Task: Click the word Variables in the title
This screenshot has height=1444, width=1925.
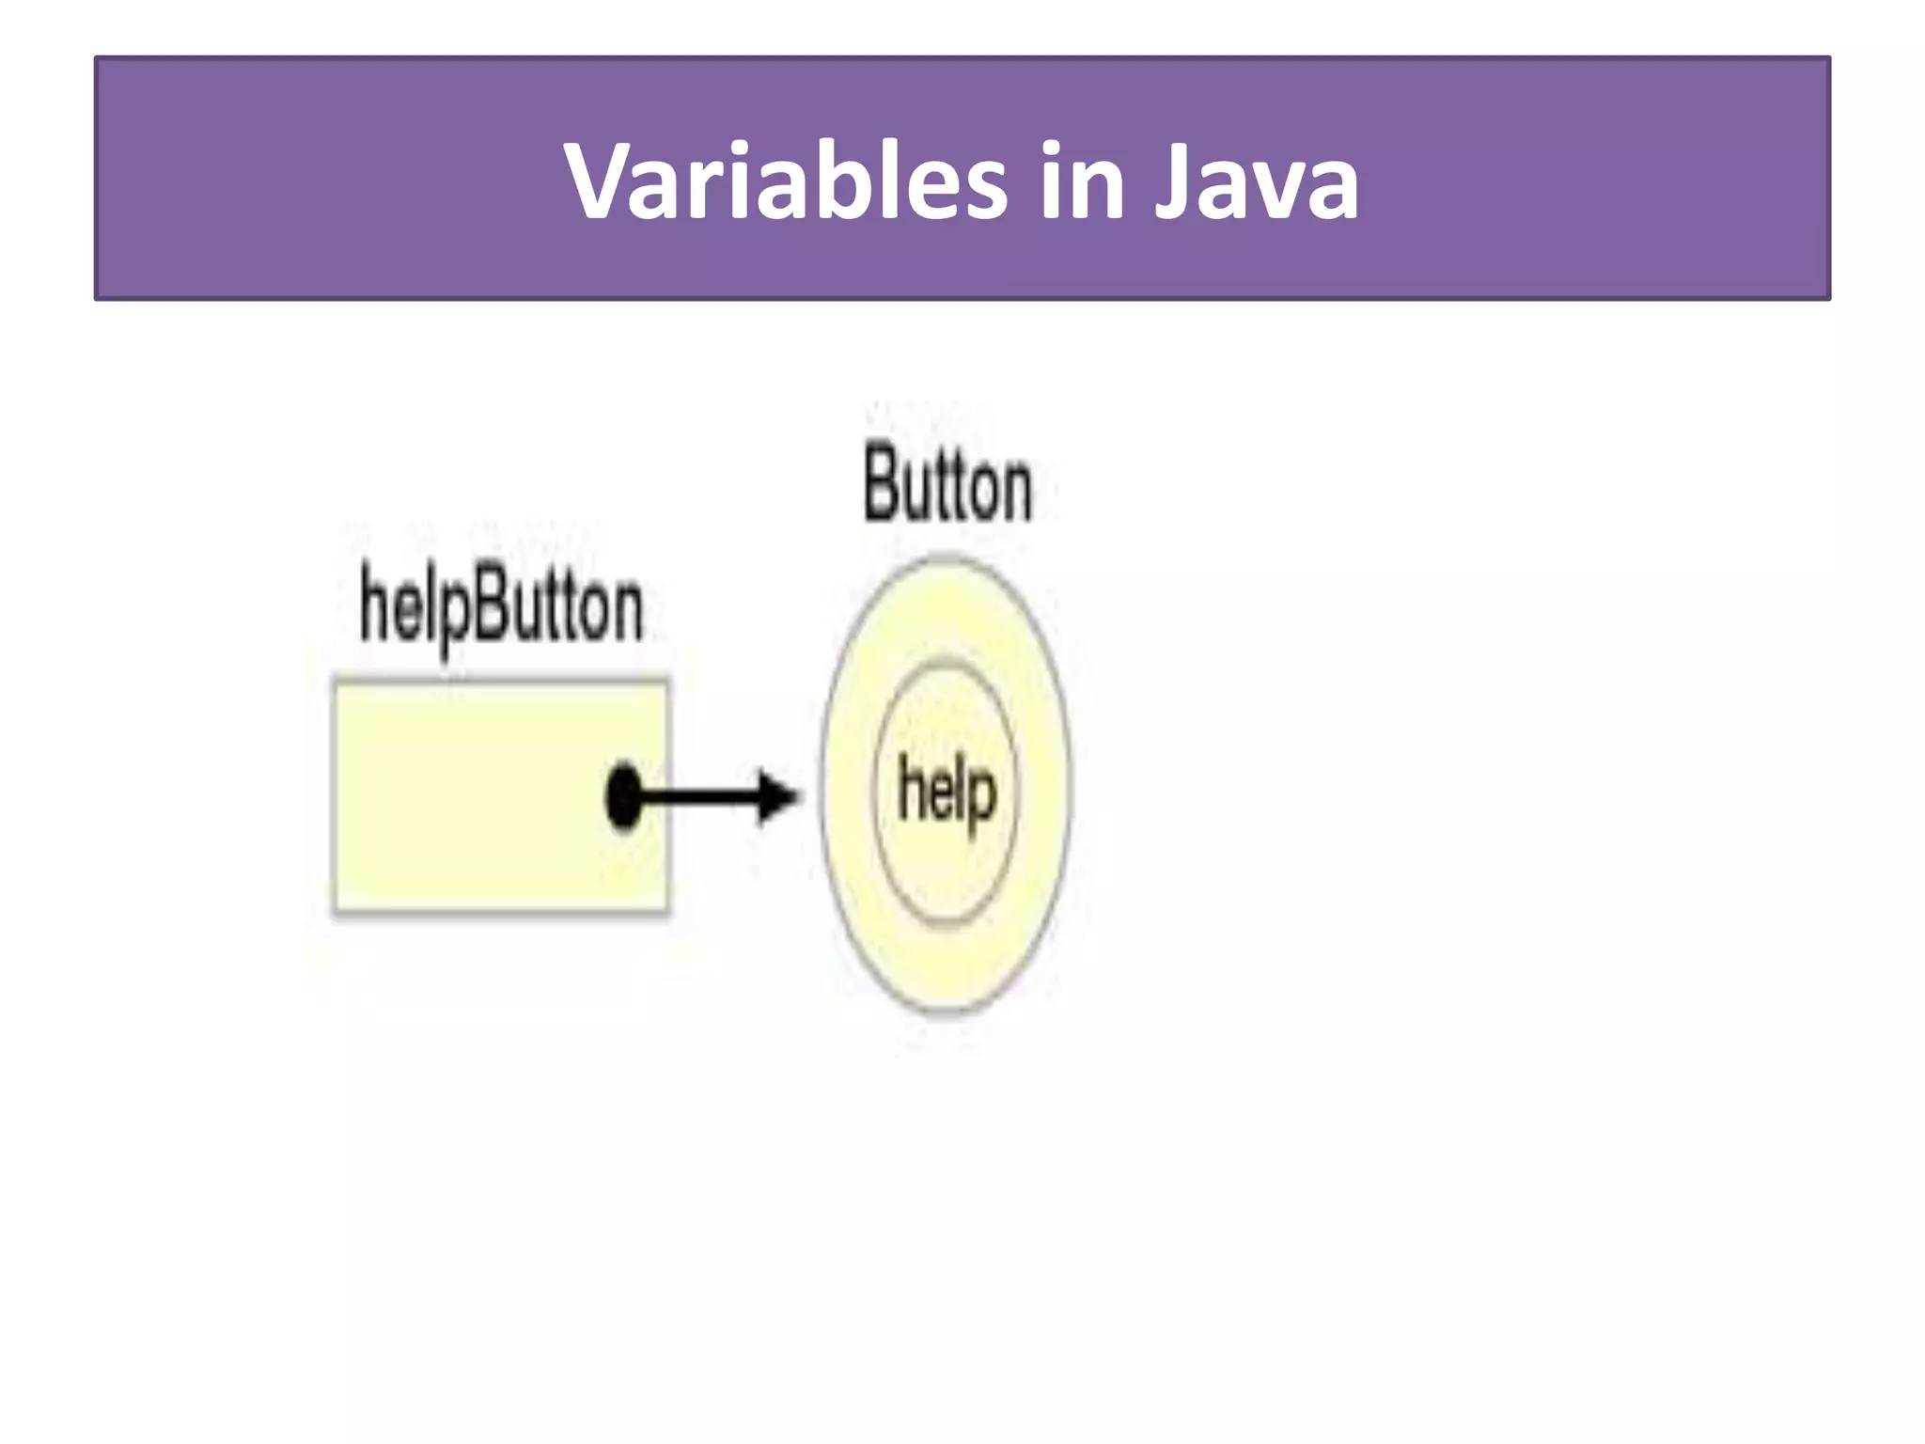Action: tap(786, 180)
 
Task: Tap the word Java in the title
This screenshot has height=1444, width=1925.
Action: tap(1256, 180)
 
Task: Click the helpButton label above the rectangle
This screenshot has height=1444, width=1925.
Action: tap(501, 607)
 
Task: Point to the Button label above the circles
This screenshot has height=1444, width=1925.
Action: tap(947, 487)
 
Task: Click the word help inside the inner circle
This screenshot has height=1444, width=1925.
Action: tap(947, 793)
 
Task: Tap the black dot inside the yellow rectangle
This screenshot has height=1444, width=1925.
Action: tap(623, 796)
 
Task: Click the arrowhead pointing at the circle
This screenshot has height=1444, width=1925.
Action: tap(778, 798)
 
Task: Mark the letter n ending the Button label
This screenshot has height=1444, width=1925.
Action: tap(1014, 491)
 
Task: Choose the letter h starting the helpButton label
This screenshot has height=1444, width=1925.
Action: tap(374, 604)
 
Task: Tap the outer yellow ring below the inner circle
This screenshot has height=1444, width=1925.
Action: tap(947, 968)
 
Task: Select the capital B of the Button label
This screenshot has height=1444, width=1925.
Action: tap(881, 485)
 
